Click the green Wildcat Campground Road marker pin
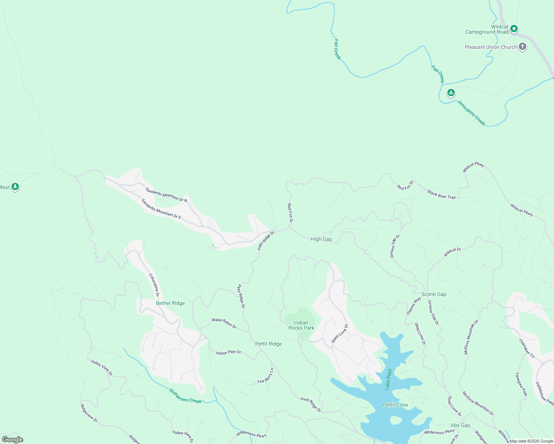pos(514,28)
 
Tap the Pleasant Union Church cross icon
pos(522,47)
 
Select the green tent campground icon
pos(451,92)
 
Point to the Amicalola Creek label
pos(471,113)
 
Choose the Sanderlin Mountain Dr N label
pos(166,195)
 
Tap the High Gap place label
pos(321,239)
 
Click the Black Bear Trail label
pos(441,195)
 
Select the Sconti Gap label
pos(434,295)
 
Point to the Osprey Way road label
pos(414,306)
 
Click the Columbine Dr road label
pos(154,285)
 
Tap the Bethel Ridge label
pos(170,303)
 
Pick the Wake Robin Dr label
pos(224,323)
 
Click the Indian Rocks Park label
pos(301,325)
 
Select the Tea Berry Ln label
pos(266,376)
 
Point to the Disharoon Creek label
pos(185,396)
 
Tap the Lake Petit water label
pos(388,379)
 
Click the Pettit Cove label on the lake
pos(395,405)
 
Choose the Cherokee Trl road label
pos(527,349)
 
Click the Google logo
pos(12,440)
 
